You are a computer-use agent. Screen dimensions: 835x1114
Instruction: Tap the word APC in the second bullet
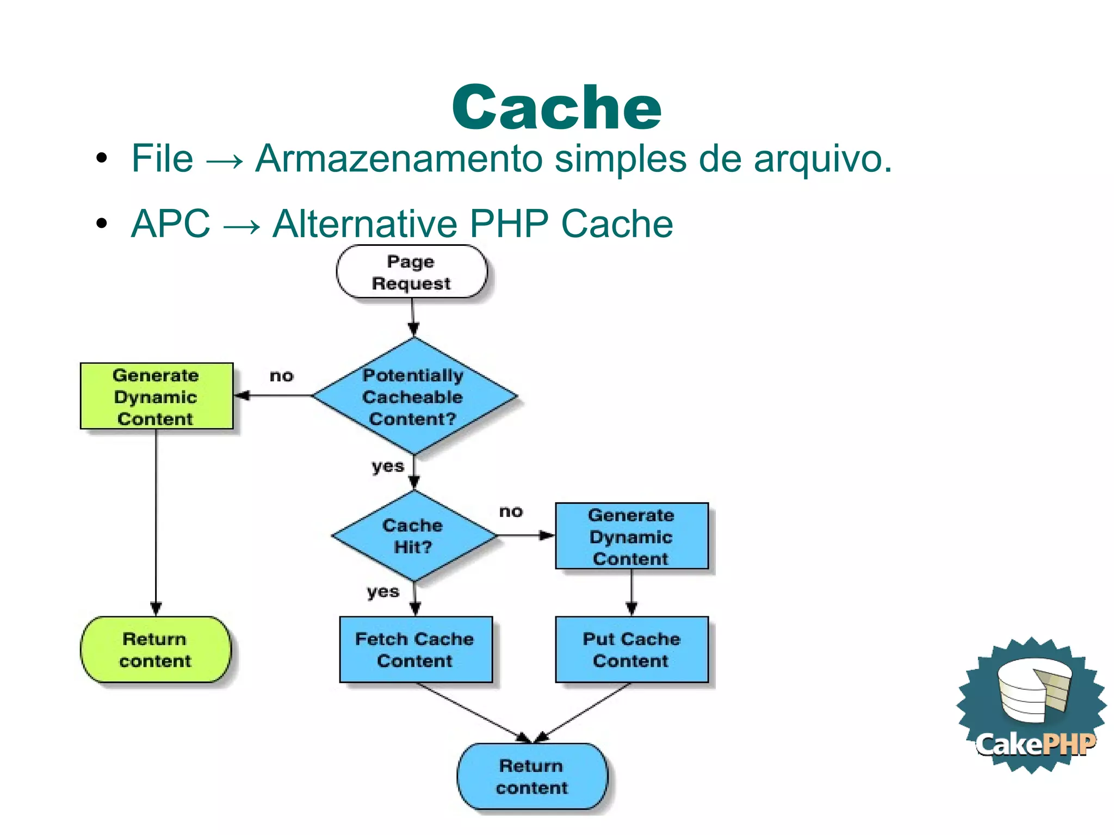(170, 224)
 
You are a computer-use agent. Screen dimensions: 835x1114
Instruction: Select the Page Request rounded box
(412, 272)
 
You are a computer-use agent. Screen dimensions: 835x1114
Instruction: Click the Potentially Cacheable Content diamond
(413, 397)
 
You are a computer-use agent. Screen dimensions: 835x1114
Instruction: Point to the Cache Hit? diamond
(413, 536)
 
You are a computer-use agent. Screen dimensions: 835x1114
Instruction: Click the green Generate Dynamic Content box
(156, 397)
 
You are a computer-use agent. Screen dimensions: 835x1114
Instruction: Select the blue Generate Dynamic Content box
(631, 536)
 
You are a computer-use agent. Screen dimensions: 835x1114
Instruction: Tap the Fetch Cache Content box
(415, 650)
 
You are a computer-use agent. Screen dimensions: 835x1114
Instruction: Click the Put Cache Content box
(631, 650)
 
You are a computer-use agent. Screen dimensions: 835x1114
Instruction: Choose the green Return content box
(156, 650)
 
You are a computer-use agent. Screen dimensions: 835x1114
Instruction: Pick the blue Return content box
(531, 777)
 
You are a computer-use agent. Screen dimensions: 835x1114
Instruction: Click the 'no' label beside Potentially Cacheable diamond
(281, 376)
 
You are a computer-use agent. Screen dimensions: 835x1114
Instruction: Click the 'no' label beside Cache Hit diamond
(511, 511)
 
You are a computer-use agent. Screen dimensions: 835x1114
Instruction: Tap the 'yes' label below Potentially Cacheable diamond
(388, 467)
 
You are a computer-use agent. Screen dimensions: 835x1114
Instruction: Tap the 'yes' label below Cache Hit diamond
(383, 592)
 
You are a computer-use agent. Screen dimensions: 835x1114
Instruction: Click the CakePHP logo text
(1035, 744)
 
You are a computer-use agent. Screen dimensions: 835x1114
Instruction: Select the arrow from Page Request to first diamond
(413, 318)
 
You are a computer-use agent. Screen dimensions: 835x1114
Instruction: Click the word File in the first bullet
(162, 159)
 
